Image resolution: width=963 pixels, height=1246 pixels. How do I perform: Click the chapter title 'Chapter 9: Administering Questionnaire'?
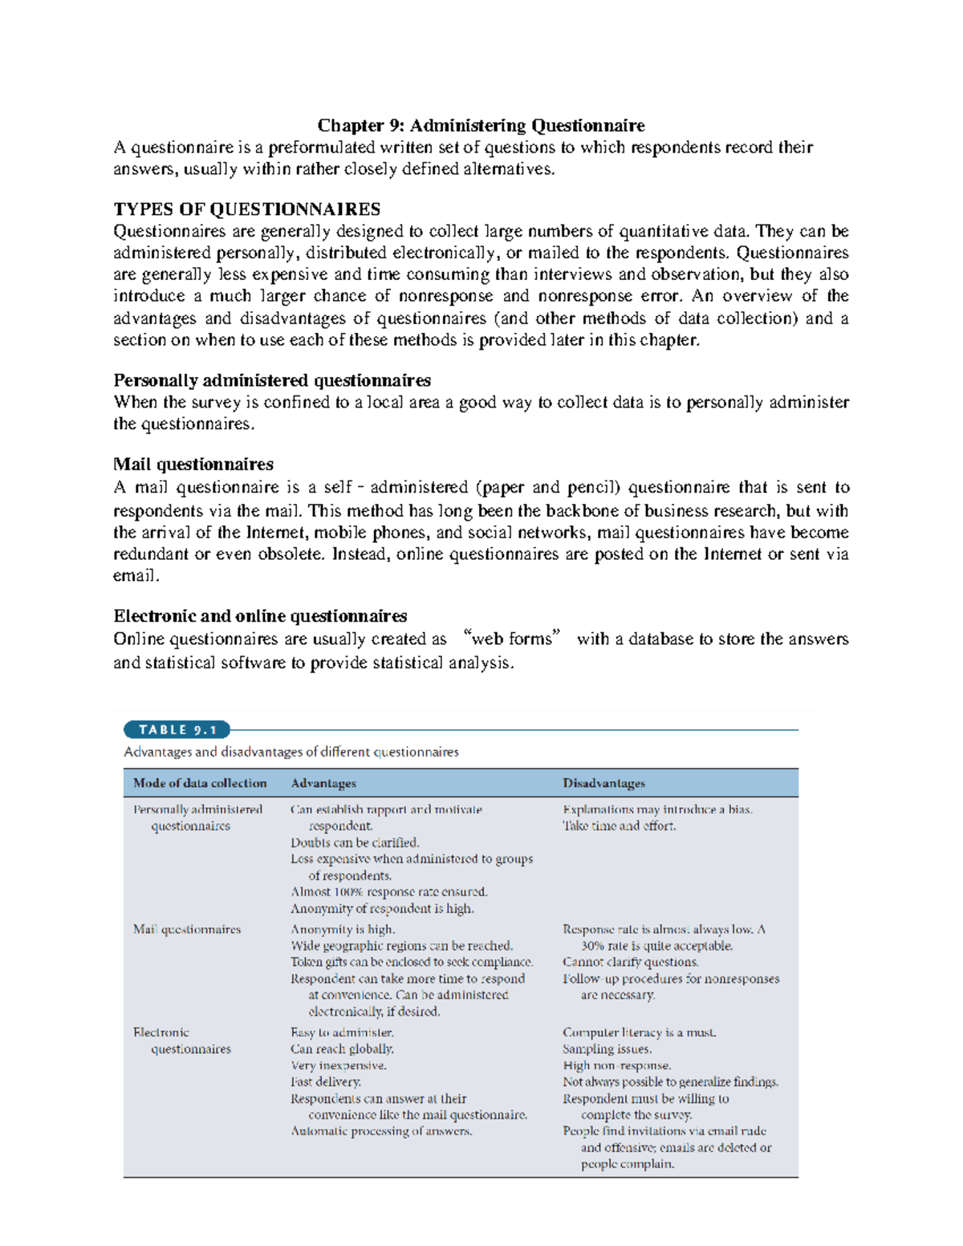(481, 125)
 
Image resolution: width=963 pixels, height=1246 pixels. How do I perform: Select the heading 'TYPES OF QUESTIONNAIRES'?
(246, 209)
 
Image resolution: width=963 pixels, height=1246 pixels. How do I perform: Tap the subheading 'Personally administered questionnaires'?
(272, 380)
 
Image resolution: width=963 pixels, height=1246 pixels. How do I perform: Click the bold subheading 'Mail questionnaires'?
(193, 465)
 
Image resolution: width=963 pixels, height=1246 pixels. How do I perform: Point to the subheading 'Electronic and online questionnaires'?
(260, 616)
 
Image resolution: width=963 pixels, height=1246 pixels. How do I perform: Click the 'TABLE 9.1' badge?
(177, 730)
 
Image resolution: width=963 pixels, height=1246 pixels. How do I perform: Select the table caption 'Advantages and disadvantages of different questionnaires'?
(291, 752)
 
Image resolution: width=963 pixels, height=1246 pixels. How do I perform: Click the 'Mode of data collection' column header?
(200, 783)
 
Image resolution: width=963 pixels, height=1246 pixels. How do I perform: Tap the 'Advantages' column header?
(323, 783)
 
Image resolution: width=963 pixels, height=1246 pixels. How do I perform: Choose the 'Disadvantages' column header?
(603, 783)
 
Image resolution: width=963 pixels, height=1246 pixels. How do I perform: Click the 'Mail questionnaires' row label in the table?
(187, 929)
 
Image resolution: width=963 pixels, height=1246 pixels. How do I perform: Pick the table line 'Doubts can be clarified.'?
(355, 842)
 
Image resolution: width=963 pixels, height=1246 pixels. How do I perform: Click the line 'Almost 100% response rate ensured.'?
(388, 891)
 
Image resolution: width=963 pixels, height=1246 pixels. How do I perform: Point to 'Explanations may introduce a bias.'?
(657, 810)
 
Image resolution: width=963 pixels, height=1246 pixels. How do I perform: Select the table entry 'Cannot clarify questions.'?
(630, 962)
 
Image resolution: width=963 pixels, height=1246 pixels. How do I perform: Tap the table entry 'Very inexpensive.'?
(338, 1065)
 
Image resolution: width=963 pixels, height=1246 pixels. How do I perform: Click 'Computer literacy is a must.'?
(639, 1033)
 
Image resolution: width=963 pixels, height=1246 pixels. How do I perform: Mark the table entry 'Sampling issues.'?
(607, 1049)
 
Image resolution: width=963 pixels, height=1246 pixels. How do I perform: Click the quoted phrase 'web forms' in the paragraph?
(511, 639)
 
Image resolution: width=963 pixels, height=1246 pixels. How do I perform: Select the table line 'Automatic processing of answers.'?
(381, 1131)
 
